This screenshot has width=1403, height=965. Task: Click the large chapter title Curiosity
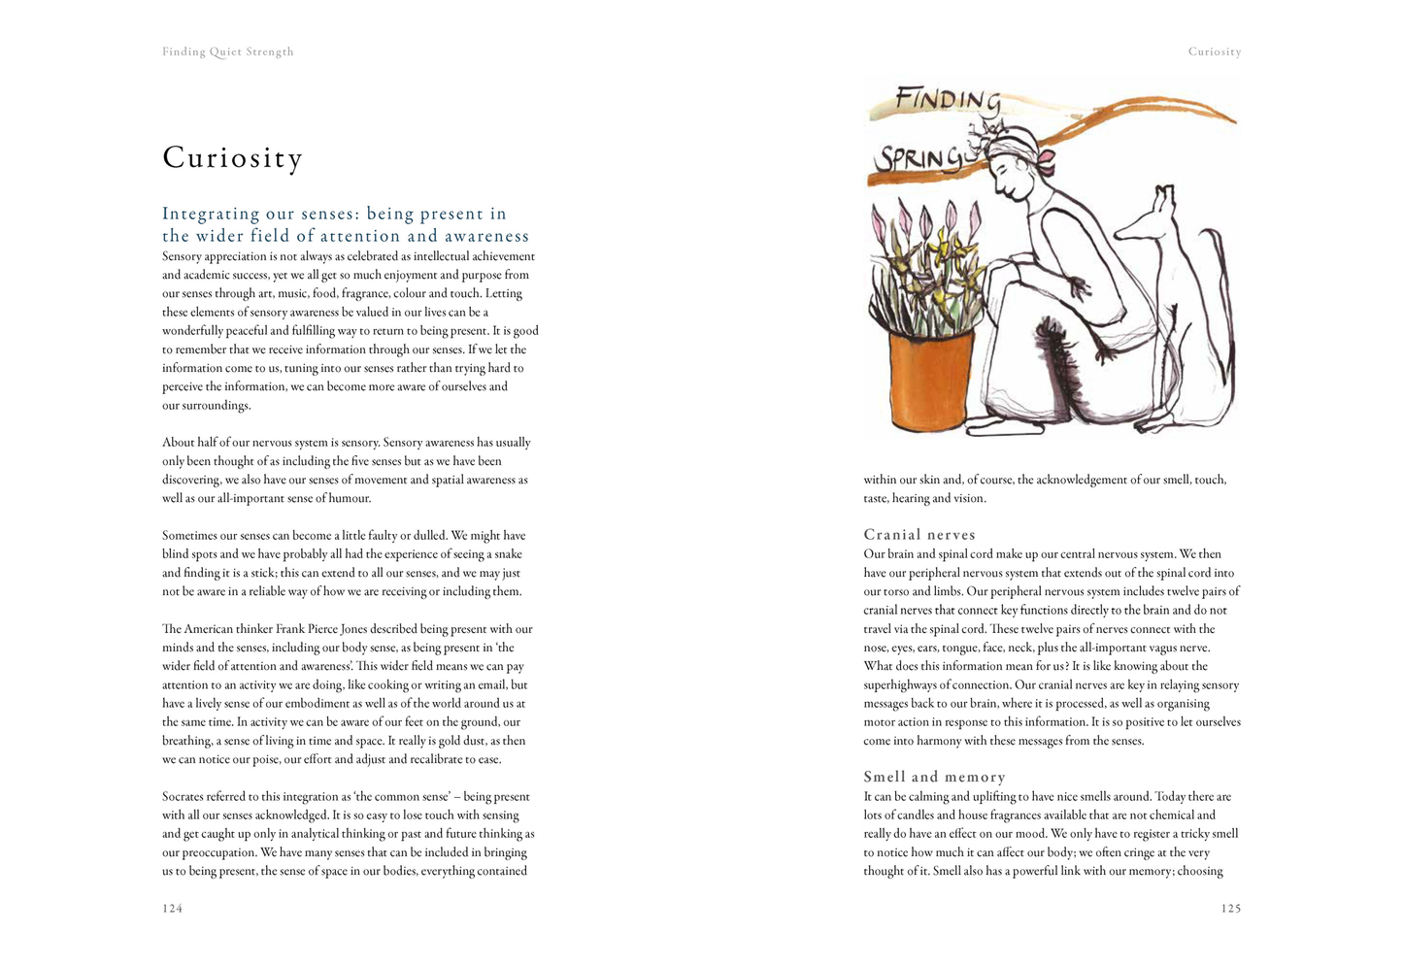click(233, 157)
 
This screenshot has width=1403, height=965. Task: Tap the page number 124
click(173, 909)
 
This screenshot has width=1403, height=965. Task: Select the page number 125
click(1230, 909)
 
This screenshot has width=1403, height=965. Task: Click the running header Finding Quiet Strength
click(228, 52)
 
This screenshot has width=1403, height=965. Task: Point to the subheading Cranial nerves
click(919, 535)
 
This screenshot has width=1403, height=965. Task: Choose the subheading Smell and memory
click(934, 777)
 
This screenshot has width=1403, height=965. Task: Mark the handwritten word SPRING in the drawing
click(918, 159)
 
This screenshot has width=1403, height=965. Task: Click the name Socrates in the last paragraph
click(187, 797)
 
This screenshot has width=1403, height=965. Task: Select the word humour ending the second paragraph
click(350, 499)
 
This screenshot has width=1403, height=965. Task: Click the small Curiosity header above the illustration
click(1214, 52)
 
